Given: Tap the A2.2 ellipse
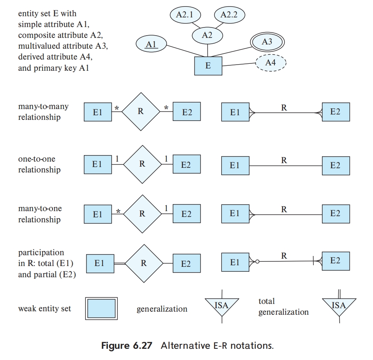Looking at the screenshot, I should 230,15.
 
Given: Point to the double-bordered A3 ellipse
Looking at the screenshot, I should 267,42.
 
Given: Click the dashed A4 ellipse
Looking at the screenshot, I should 270,63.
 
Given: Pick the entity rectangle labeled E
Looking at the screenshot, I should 208,66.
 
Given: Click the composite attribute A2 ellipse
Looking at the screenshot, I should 208,35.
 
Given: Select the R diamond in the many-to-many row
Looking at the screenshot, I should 141,112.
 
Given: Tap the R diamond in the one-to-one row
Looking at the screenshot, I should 142,164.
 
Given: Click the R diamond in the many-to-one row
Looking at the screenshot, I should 142,214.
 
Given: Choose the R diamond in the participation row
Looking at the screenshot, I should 143,263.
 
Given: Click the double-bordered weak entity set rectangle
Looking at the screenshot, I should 101,308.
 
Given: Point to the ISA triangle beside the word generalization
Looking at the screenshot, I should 221,305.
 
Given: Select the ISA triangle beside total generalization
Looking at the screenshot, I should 339,305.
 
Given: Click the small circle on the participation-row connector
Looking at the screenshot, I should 257,262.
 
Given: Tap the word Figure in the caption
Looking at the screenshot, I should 115,346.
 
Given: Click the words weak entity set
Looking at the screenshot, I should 44,309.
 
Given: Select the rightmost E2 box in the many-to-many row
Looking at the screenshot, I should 336,112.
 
